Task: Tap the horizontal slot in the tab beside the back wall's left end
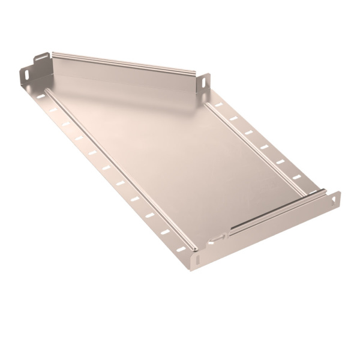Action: click(41, 59)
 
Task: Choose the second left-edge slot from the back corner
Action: click(53, 110)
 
